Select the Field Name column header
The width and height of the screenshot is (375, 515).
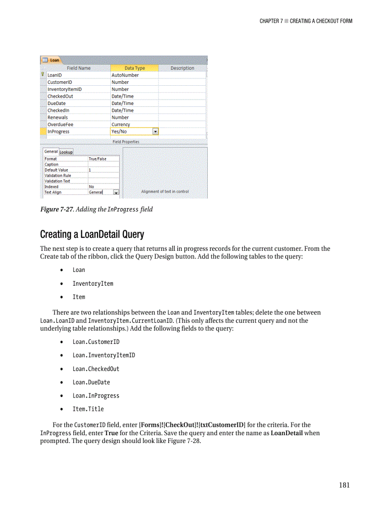79,68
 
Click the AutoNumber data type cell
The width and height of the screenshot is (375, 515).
125,75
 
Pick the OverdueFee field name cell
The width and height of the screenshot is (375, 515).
60,124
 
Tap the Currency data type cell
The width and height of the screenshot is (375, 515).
121,124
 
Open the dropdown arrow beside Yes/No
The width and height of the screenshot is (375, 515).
155,132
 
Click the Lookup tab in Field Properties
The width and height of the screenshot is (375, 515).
66,152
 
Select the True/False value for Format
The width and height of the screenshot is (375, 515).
97,159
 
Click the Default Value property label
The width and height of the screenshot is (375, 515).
56,170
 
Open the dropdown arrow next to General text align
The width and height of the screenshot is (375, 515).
116,193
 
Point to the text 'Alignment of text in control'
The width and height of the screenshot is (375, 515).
165,192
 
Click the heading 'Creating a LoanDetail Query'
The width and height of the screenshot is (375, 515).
92,235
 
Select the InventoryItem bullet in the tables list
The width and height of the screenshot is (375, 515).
92,283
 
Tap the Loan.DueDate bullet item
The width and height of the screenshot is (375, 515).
91,382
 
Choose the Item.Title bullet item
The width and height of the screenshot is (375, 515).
88,409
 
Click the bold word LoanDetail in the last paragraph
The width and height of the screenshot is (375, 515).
286,433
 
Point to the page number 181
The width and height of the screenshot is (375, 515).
344,485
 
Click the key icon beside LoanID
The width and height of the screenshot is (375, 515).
43,75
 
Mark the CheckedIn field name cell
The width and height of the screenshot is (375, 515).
58,111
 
